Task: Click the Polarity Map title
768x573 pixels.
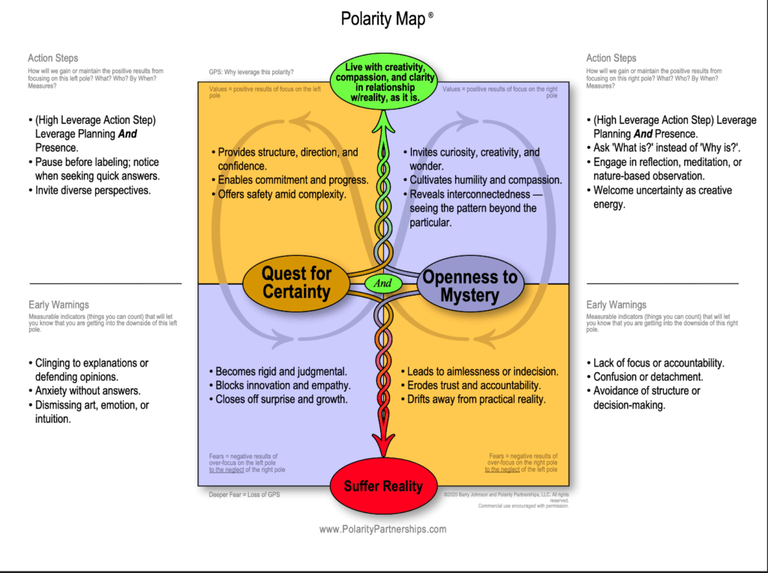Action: click(383, 19)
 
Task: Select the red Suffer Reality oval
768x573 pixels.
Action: click(382, 486)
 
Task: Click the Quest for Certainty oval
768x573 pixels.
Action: click(296, 283)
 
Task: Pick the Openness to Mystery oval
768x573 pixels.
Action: click(469, 286)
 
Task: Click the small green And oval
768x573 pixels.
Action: click(383, 284)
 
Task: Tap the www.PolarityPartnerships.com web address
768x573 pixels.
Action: click(382, 529)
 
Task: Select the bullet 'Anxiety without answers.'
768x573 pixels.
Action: click(88, 391)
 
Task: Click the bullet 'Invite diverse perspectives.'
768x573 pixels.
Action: click(93, 190)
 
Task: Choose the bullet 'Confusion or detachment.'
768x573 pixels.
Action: click(648, 377)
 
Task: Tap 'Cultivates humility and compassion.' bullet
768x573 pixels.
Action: click(485, 180)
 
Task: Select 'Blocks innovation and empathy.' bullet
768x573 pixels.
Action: click(283, 385)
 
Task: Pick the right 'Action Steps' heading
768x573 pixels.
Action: click(611, 58)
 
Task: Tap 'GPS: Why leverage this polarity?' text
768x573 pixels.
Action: click(251, 73)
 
